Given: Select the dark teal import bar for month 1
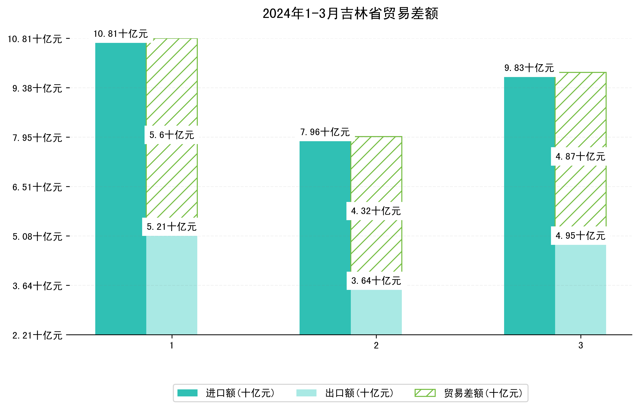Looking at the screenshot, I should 121,189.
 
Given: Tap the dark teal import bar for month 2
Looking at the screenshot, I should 325,238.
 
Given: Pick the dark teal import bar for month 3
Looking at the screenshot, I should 529,206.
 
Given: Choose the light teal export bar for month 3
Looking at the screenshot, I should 580,290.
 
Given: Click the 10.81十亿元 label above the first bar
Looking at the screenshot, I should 121,34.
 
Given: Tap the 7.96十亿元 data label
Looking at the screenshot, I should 325,132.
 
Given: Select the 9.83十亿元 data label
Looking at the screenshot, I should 529,68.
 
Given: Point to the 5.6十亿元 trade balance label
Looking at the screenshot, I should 172,135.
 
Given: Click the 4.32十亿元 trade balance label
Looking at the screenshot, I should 376,211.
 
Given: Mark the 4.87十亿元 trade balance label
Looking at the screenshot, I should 580,156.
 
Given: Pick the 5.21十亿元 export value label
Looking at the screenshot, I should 172,227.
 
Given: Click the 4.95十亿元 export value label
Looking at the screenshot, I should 580,236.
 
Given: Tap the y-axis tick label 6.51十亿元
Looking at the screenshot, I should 37,187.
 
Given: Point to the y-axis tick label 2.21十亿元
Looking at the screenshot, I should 37,335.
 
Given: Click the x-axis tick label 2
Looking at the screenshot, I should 376,346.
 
